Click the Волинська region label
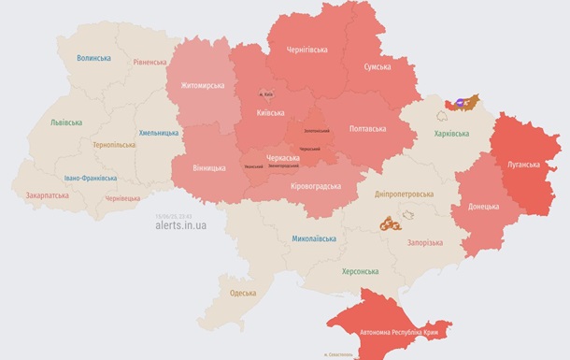tap(93, 58)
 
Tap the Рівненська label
tap(150, 63)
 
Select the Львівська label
tap(66, 122)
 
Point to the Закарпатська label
tap(47, 196)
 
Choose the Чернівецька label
tap(122, 198)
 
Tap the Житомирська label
tap(196, 86)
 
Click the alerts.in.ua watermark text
tap(182, 225)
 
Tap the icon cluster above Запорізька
tap(392, 223)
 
